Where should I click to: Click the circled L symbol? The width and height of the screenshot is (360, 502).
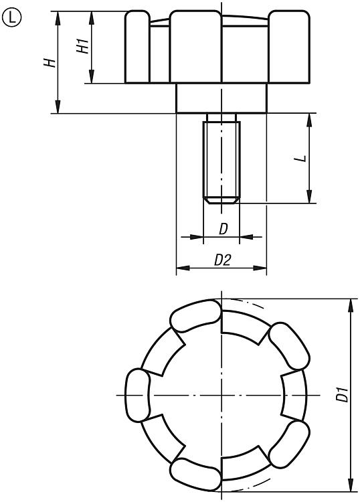point(11,17)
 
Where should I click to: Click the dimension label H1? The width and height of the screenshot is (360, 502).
point(83,46)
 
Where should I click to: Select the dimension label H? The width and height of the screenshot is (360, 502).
point(50,63)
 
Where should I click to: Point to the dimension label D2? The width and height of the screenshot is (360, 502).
point(222,260)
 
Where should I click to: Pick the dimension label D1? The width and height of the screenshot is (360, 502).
point(342,394)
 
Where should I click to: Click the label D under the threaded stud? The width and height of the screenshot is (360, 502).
point(223,229)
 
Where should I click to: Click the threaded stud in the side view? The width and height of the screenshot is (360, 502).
point(221,159)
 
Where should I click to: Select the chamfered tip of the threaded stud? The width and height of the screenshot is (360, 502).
point(221,200)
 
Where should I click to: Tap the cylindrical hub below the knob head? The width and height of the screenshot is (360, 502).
point(221,98)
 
